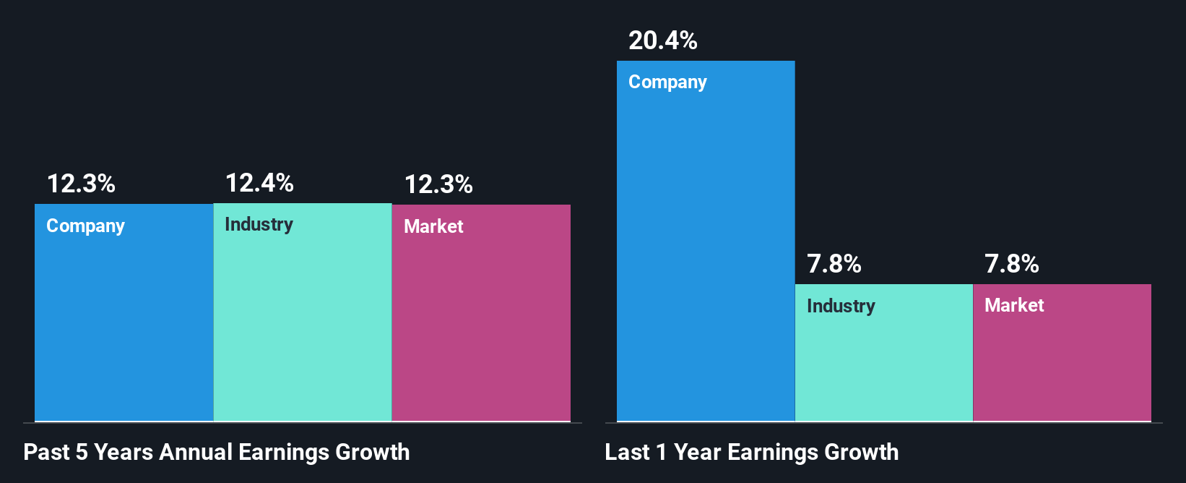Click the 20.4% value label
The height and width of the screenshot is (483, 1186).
click(x=662, y=40)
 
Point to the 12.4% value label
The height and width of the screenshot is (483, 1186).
click(x=259, y=183)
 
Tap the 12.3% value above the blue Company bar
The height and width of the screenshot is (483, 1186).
click(x=81, y=184)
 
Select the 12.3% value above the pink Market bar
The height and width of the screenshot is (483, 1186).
click(x=438, y=184)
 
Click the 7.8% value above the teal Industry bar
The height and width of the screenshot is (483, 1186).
click(x=834, y=264)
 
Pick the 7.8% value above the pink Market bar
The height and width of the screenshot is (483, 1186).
click(x=1011, y=264)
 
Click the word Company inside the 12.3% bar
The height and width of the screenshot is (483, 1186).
click(x=85, y=226)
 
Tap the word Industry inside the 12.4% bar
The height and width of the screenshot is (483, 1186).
click(x=259, y=225)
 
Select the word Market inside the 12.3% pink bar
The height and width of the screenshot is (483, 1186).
click(x=433, y=226)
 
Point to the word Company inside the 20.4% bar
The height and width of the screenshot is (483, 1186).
click(x=667, y=82)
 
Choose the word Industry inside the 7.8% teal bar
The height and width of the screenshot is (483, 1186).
click(x=841, y=307)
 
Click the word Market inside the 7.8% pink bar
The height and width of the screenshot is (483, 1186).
click(x=1014, y=305)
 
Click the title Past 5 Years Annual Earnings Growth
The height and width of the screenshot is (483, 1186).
click(x=217, y=453)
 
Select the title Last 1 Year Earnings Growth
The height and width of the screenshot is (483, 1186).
click(x=751, y=453)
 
